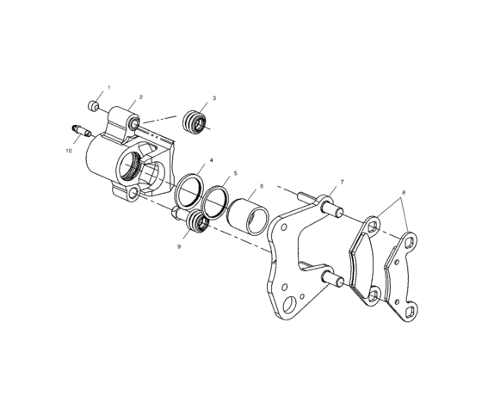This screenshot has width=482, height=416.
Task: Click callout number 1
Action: click(109, 90)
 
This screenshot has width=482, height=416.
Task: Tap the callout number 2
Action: click(141, 97)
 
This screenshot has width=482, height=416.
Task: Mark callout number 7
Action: click(341, 182)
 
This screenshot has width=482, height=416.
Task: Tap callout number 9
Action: click(178, 245)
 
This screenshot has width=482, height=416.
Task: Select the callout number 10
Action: click(68, 151)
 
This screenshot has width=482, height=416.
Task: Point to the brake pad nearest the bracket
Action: click(366, 259)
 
